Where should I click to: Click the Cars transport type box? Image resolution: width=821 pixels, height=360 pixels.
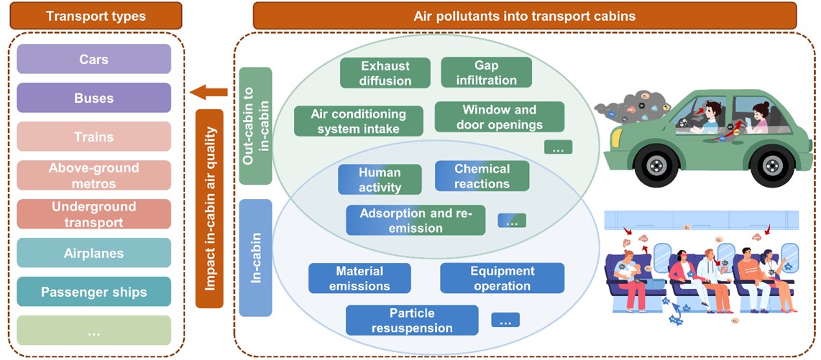(93, 59)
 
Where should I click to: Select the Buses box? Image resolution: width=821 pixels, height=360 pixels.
(93, 98)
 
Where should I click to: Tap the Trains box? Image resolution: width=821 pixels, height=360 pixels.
(93, 137)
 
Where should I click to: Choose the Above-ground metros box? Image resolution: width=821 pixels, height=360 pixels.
(93, 175)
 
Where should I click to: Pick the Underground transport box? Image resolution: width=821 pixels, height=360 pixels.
(93, 214)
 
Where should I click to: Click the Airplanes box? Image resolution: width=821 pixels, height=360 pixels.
(93, 253)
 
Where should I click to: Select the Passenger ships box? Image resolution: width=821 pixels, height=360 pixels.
(93, 292)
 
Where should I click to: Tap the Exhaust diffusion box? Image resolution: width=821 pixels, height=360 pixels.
(385, 73)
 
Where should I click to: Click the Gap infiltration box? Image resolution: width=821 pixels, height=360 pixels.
(486, 73)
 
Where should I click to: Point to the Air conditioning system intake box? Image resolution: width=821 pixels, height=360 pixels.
(358, 121)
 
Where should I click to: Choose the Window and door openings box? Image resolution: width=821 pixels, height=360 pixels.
(499, 117)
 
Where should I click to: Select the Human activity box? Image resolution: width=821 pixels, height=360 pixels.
(380, 180)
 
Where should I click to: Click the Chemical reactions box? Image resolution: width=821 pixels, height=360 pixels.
(482, 176)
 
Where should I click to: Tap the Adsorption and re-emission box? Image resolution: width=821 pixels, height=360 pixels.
(416, 221)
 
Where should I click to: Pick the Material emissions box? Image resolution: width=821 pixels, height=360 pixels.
(359, 278)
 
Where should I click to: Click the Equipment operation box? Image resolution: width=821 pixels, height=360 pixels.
(502, 278)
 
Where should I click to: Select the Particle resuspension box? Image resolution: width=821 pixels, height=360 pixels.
(412, 320)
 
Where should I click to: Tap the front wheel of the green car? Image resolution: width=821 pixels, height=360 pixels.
(654, 166)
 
